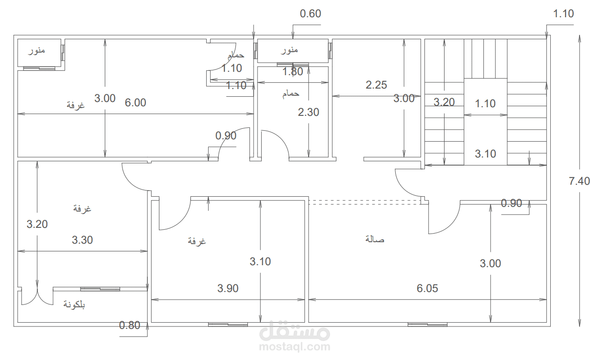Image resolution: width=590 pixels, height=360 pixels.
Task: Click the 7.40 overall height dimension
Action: click(579, 181)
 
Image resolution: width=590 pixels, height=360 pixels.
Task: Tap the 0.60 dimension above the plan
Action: click(311, 14)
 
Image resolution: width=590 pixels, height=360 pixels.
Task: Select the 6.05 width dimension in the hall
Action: click(427, 288)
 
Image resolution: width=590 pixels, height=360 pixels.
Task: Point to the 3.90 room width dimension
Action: click(228, 288)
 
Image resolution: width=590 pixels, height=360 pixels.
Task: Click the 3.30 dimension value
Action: click(82, 240)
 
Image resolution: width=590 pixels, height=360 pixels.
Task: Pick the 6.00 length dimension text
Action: click(135, 102)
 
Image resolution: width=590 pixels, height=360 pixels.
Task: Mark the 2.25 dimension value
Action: click(377, 85)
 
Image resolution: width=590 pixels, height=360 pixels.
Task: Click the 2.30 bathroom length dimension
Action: click(309, 112)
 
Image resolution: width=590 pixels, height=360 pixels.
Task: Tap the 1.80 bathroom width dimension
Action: click(293, 72)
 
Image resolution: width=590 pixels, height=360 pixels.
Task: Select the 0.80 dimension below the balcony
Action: click(130, 325)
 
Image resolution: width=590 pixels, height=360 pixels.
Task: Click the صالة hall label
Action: click(375, 239)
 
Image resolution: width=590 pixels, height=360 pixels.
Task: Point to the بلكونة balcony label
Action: click(74, 304)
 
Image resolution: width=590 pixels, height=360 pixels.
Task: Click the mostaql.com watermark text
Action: click(294, 346)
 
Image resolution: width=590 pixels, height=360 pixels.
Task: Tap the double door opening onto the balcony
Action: click(37, 296)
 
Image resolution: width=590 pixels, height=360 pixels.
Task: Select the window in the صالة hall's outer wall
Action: click(427, 325)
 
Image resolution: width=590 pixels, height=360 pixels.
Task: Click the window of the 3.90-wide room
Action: click(228, 325)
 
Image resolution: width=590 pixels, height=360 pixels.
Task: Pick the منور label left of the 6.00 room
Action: click(37, 50)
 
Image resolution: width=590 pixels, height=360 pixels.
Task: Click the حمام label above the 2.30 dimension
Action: click(291, 94)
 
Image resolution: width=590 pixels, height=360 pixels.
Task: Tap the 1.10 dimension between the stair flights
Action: click(485, 103)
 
